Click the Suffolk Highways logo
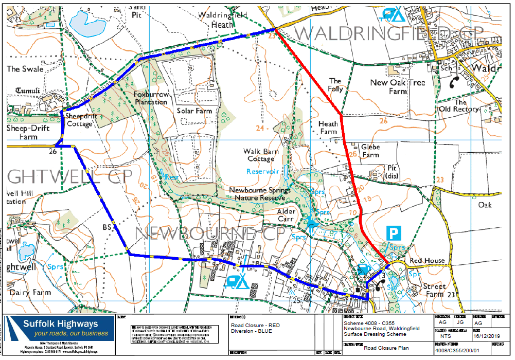pyautogui.click(x=59, y=329)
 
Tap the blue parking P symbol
pyautogui.click(x=394, y=233)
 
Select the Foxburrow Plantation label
pyautogui.click(x=150, y=98)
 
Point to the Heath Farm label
pyautogui.click(x=328, y=128)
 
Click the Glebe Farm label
pyautogui.click(x=370, y=151)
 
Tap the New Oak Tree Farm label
pyautogui.click(x=398, y=87)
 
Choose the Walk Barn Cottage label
pyautogui.click(x=262, y=155)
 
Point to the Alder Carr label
pyautogui.click(x=287, y=215)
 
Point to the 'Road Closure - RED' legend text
pyautogui.click(x=256, y=326)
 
